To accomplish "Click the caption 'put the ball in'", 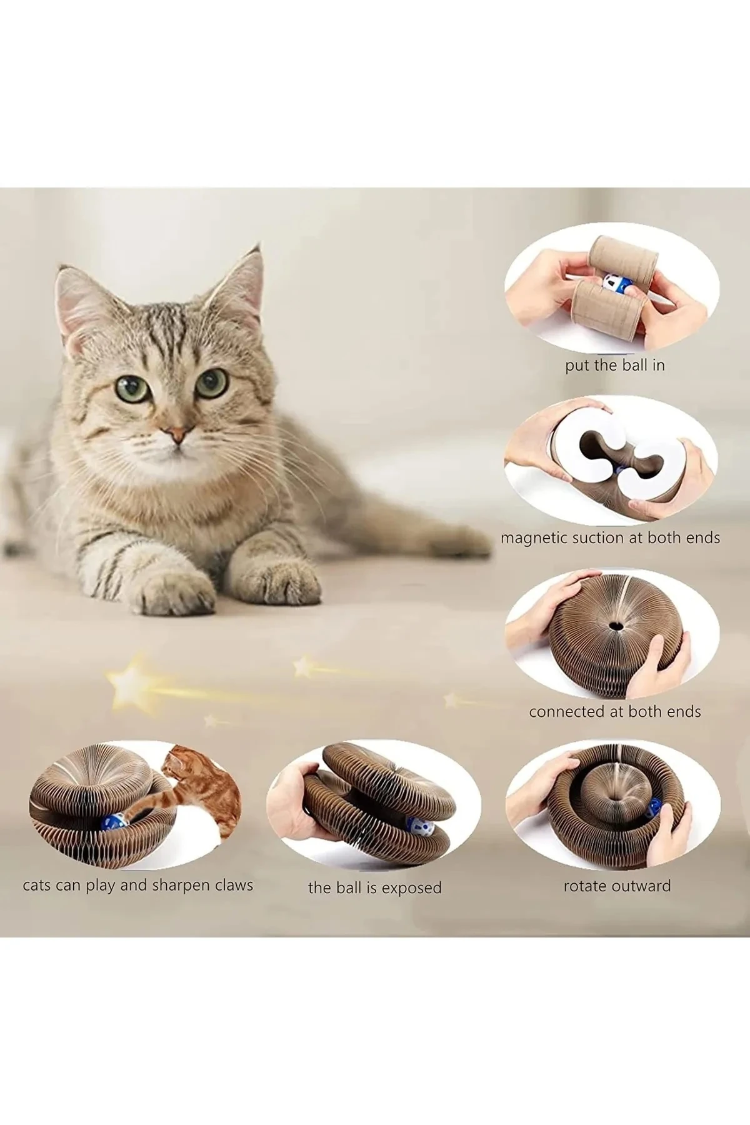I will (615, 366).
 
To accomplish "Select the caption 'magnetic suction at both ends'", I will (610, 538).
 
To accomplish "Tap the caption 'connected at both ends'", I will (615, 712).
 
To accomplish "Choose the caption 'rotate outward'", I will (617, 886).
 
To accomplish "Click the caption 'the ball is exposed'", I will (374, 888).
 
